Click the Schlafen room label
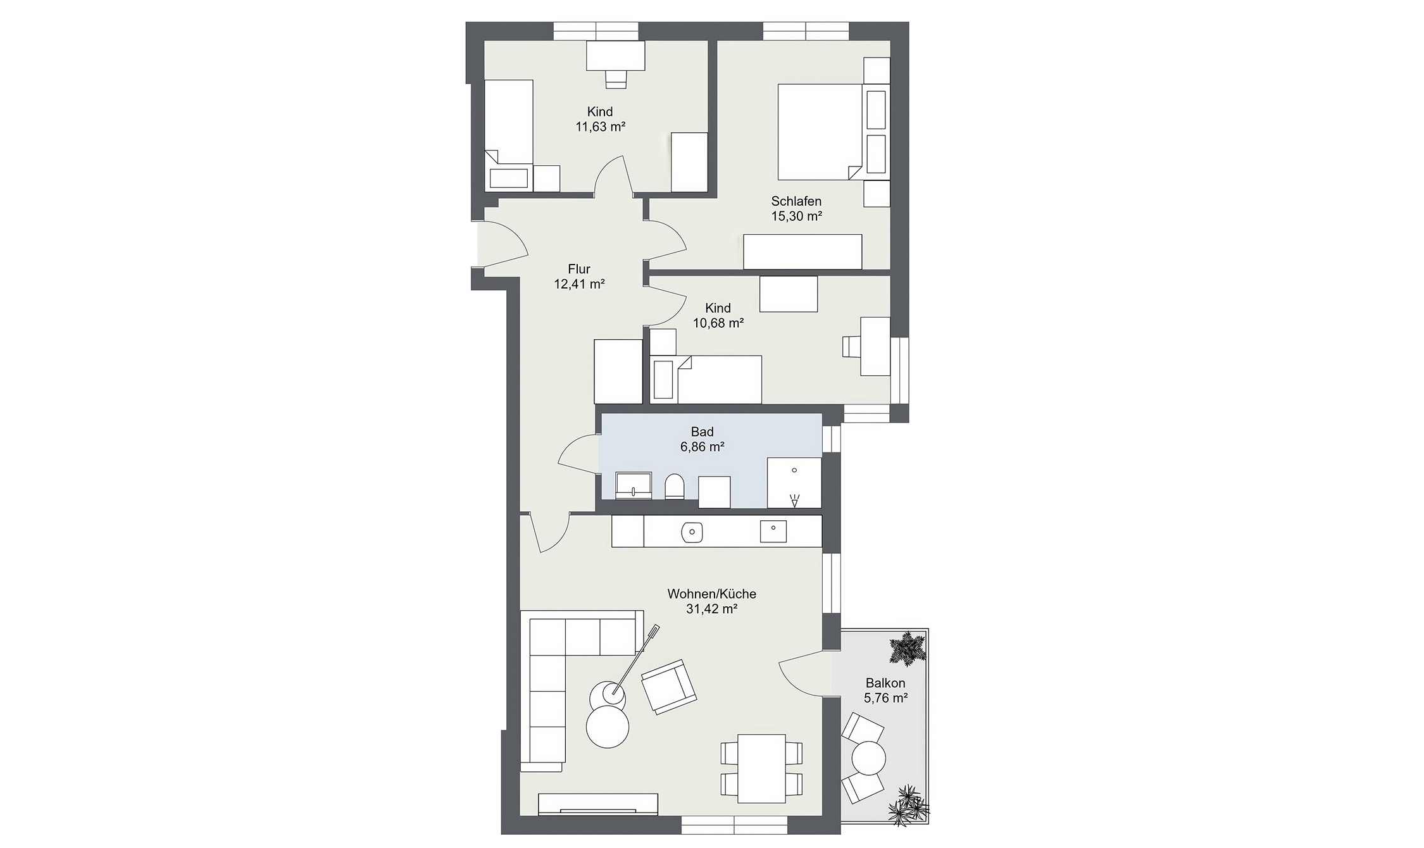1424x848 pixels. (796, 201)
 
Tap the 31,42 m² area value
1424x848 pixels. (712, 609)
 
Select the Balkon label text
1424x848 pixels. (885, 683)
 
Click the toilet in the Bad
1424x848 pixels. (675, 487)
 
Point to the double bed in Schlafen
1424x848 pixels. (820, 132)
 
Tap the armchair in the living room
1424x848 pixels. (668, 687)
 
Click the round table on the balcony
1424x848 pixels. (869, 756)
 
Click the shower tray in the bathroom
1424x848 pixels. (794, 482)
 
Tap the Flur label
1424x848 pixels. (578, 270)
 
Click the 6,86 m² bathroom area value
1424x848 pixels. (702, 447)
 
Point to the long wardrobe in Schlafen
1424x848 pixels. (802, 252)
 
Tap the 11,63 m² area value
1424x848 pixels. (600, 127)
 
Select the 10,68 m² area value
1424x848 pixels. (718, 323)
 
